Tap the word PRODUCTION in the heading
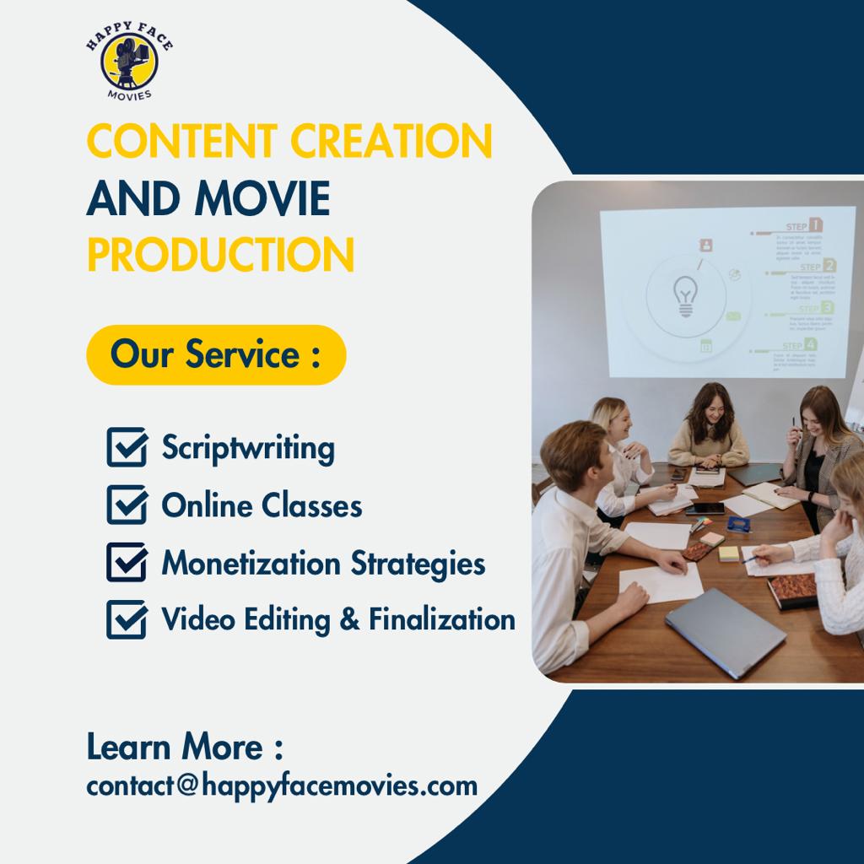coord(220,254)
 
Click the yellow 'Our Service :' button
coord(216,354)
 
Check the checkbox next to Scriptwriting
coord(127,447)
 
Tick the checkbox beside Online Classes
coord(127,505)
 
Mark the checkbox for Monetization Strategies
coord(127,562)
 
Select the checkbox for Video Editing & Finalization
coord(127,619)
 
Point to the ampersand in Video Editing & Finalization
coord(349,620)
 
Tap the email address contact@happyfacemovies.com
coord(282,786)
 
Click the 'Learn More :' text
coord(185,747)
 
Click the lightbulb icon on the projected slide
coord(684,297)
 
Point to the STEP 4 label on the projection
coord(800,344)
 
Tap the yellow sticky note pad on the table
coord(728,553)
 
